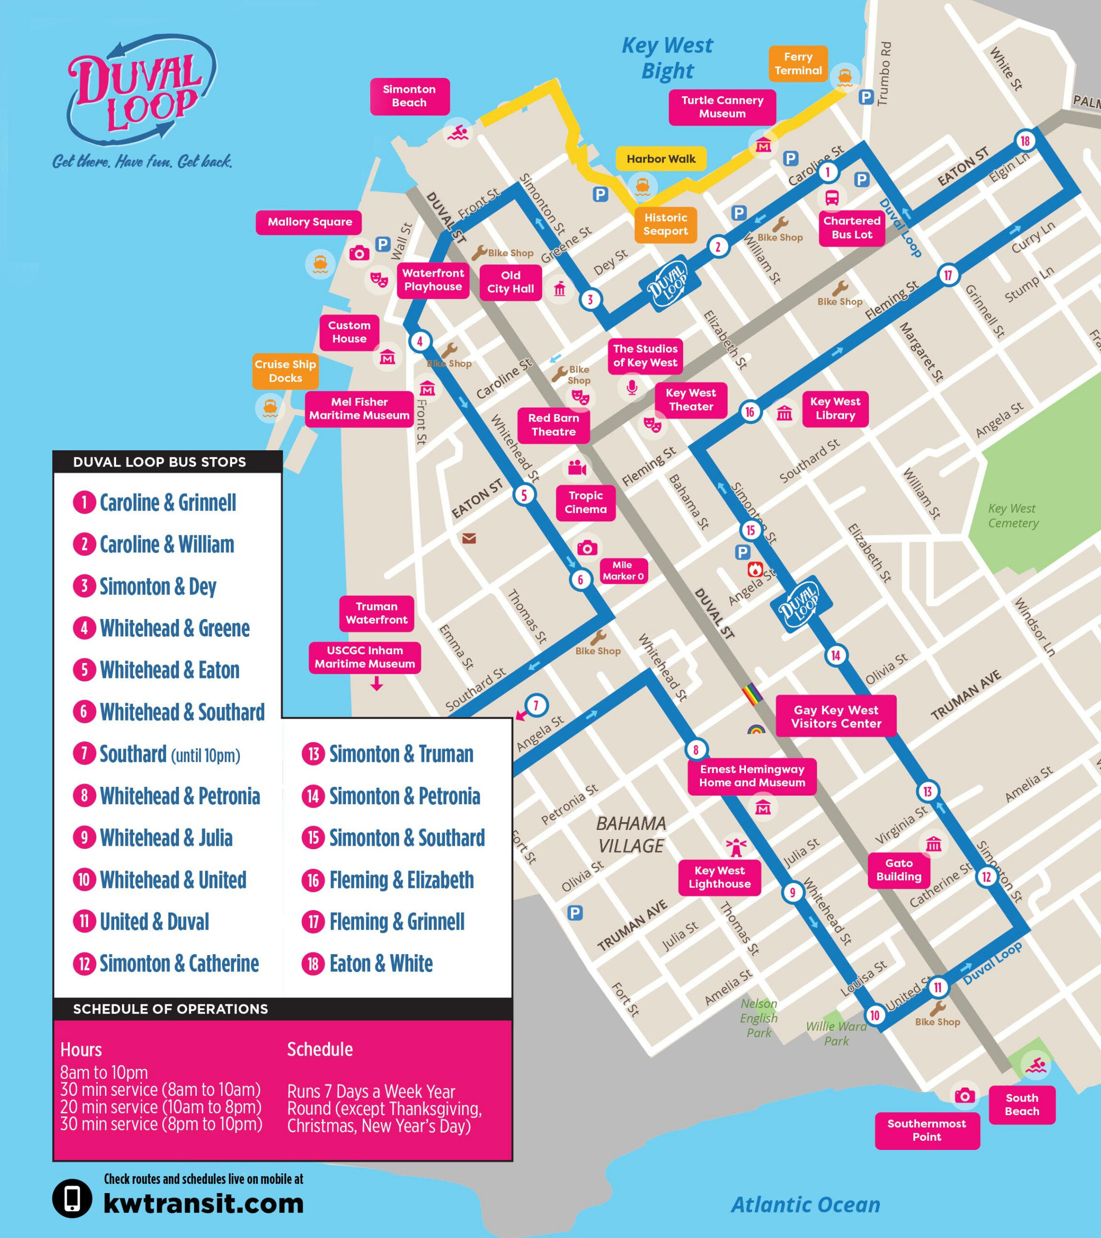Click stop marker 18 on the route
point(1025,141)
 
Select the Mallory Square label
point(310,222)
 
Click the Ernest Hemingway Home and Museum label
point(752,776)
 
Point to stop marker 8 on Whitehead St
point(696,750)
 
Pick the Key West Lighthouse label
point(719,877)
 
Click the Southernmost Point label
point(926,1130)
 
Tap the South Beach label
point(1022,1104)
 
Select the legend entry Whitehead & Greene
point(175,628)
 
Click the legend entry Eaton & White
point(381,964)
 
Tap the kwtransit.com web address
point(204,1204)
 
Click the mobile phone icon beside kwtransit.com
point(72,1198)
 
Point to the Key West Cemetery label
point(1012,516)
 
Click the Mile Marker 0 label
point(623,571)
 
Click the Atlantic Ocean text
point(805,1205)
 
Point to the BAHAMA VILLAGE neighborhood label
point(631,835)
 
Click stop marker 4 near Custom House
point(419,341)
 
